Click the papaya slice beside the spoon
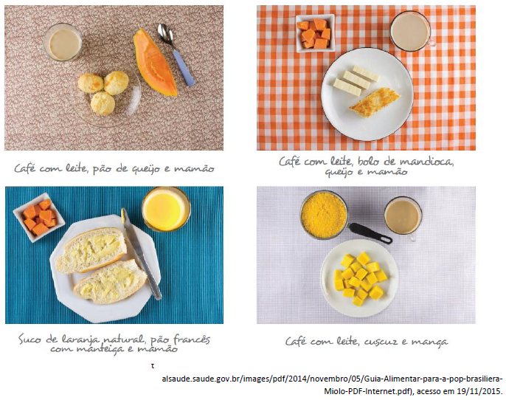point(155,63)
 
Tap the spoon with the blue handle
point(176,54)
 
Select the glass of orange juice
point(166,209)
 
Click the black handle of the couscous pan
point(370,233)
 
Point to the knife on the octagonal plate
point(141,253)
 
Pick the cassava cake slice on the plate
point(375,103)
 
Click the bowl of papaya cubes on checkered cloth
point(315,33)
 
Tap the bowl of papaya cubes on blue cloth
point(38,217)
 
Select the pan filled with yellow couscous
point(324,215)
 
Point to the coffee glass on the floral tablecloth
point(63,42)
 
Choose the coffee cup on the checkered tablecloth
point(412,31)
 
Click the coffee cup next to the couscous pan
point(403,217)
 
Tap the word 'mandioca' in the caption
point(426,161)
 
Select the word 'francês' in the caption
point(192,339)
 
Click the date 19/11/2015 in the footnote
point(480,391)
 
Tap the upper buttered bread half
point(91,249)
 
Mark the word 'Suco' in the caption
point(30,339)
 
